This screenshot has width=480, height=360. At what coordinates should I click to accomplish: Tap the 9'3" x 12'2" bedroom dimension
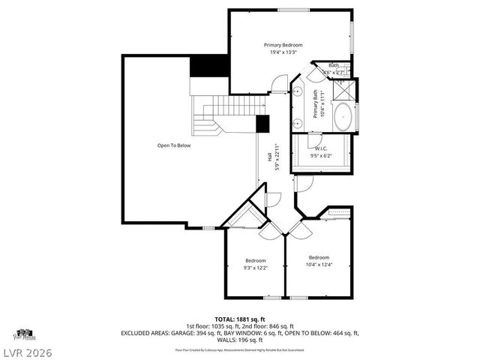pos(256,268)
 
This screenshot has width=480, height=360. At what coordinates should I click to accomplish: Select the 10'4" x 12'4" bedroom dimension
pos(319,264)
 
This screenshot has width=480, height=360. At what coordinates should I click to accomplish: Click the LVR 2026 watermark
pos(27,349)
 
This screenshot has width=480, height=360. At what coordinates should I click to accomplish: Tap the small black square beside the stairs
pos(262,124)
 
